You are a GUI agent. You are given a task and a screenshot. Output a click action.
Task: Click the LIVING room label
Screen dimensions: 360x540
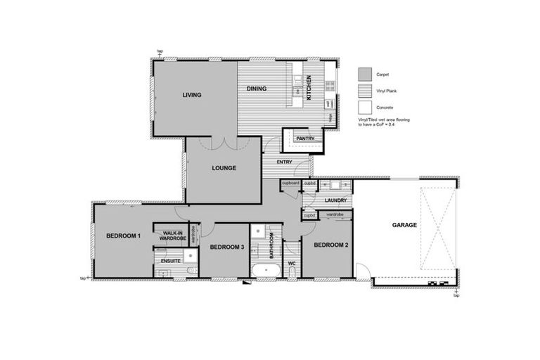[192, 95]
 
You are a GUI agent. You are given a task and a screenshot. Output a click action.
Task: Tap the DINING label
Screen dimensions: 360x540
[255, 89]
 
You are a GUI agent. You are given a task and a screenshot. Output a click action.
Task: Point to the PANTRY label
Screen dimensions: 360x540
[304, 139]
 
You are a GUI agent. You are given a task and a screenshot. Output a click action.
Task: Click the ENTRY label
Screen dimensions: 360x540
[284, 162]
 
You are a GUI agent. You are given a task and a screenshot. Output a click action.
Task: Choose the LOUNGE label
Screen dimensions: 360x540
[224, 168]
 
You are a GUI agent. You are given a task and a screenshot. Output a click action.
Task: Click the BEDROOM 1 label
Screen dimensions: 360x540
[124, 236]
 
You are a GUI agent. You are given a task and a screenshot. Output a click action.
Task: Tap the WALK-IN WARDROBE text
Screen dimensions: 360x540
[172, 235]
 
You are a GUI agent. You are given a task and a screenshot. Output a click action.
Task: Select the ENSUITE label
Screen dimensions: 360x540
[171, 261]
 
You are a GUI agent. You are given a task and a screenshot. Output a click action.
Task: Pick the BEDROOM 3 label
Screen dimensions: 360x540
[227, 247]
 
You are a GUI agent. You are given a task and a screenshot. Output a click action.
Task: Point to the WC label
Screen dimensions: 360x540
[291, 265]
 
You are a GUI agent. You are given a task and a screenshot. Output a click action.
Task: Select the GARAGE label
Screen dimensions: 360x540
[404, 225]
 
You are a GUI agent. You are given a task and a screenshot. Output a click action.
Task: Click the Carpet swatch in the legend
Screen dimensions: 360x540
[364, 75]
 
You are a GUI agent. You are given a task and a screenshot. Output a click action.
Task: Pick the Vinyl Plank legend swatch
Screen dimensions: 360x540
[364, 91]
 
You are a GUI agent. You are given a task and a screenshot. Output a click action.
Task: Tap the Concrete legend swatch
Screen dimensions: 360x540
[364, 108]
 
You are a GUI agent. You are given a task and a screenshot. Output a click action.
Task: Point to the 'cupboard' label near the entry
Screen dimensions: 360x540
[291, 184]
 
